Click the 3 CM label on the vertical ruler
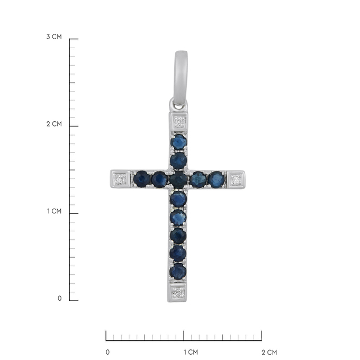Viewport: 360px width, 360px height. pyautogui.click(x=54, y=37)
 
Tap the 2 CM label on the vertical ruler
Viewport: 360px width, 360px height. pyautogui.click(x=54, y=124)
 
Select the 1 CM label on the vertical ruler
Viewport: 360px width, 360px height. pyautogui.click(x=55, y=211)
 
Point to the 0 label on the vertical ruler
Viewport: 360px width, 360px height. pyautogui.click(x=60, y=299)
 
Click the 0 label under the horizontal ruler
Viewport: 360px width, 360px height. pyautogui.click(x=107, y=352)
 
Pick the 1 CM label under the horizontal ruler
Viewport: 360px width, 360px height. pyautogui.click(x=191, y=352)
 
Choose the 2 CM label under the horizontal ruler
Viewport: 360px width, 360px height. pyautogui.click(x=269, y=352)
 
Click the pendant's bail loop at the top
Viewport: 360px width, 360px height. pyautogui.click(x=181, y=78)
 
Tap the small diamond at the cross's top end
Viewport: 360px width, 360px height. pyautogui.click(x=180, y=121)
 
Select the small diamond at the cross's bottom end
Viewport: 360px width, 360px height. pyautogui.click(x=178, y=293)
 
